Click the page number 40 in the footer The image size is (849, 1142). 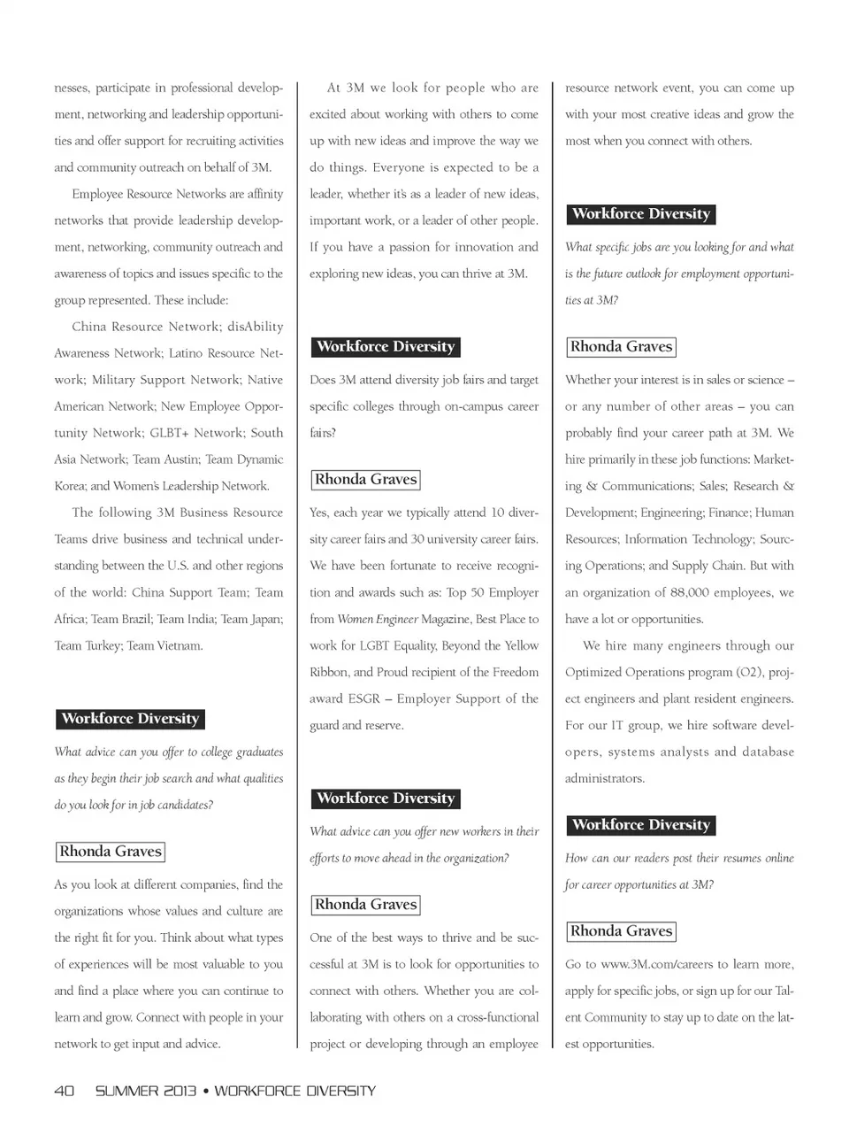(64, 1091)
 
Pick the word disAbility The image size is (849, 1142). (256, 327)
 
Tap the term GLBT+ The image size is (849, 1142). (171, 433)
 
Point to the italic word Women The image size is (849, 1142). (355, 619)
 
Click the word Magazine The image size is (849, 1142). (445, 619)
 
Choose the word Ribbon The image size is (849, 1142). (328, 672)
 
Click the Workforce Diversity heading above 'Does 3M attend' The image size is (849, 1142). (386, 347)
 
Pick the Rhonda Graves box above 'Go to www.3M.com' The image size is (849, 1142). (621, 931)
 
